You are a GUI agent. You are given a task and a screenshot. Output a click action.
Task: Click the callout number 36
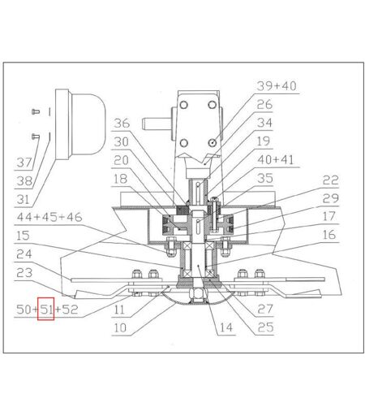122,123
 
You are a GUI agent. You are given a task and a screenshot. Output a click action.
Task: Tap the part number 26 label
264,105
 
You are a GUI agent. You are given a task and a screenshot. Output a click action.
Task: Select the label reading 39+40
277,86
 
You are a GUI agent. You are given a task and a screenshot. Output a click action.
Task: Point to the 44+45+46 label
49,217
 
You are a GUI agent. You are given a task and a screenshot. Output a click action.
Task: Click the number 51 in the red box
46,309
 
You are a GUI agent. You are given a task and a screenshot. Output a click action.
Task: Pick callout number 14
226,327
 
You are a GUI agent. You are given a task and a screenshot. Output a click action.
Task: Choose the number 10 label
120,327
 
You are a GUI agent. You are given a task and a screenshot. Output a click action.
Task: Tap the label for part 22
330,180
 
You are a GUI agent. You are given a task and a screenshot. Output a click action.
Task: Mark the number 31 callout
23,200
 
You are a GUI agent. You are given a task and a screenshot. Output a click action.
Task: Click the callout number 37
24,162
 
